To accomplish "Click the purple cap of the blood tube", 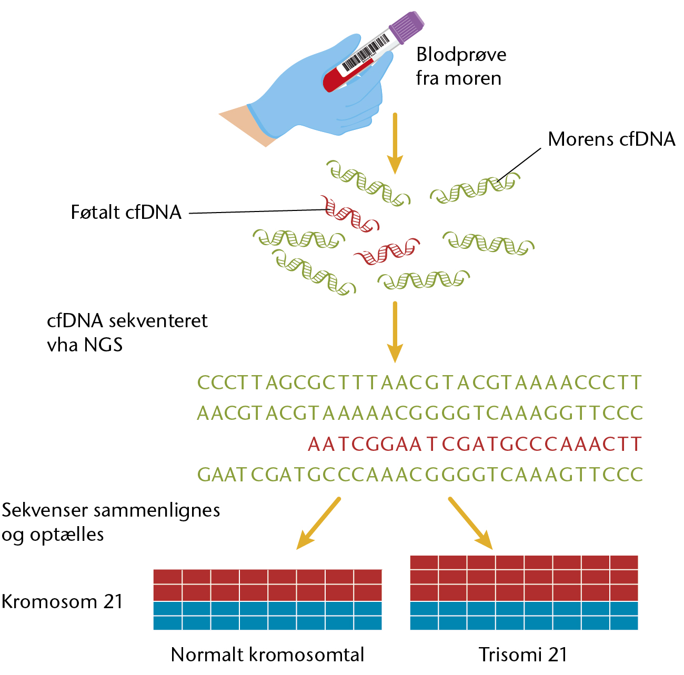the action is point(407,28).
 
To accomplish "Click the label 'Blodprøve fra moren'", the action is point(461,66).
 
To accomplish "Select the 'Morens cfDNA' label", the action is point(611,139).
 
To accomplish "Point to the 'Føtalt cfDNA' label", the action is point(126,213).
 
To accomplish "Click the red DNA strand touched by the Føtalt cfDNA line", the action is point(350,214).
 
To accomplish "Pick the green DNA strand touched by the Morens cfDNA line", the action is point(475,188).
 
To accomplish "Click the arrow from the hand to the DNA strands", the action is point(395,144).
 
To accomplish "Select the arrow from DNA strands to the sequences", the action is point(395,332).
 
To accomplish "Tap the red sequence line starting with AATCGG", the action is point(474,444).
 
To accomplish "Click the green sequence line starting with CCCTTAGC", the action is point(419,383).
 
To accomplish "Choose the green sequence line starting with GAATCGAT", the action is point(420,475).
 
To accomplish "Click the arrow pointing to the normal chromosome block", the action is point(318,523).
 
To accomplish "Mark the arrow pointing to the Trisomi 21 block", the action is point(471,523).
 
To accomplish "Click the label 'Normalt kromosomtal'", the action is point(268,654).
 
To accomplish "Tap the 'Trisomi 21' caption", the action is point(523,654).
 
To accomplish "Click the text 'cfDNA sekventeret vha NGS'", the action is point(127,333).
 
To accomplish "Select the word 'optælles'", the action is point(67,534).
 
